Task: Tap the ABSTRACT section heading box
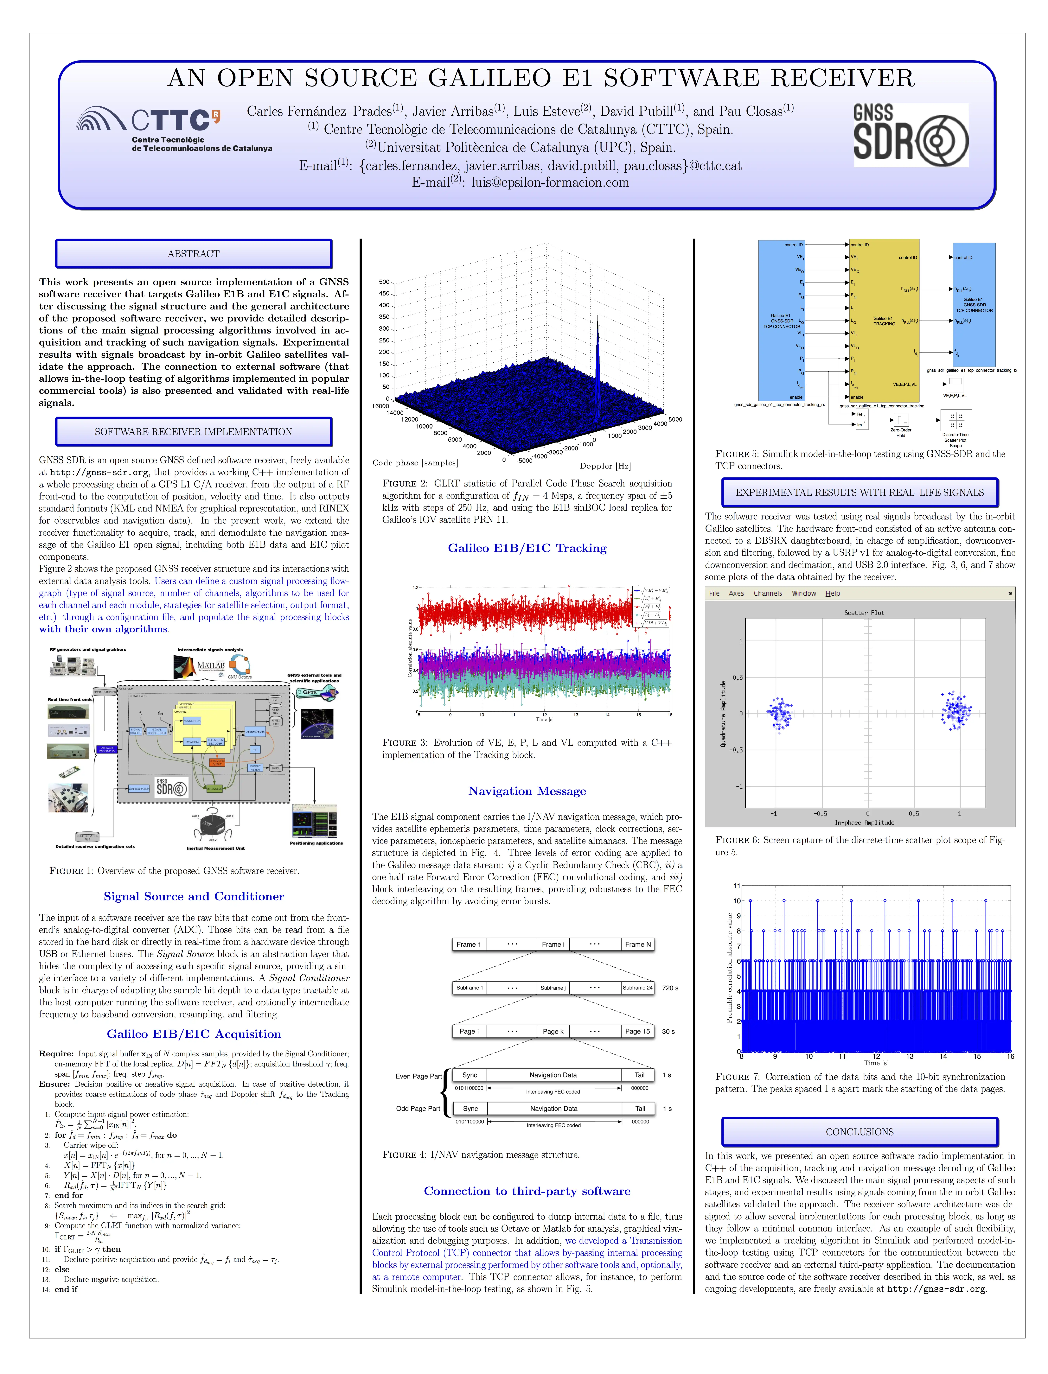(x=193, y=254)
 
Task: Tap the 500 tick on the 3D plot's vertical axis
(x=384, y=282)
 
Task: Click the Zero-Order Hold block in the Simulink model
(x=900, y=420)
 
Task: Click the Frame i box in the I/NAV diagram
(x=553, y=944)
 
